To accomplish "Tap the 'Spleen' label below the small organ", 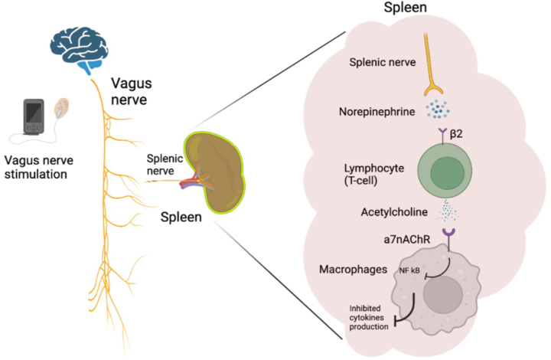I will pyautogui.click(x=181, y=218).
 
